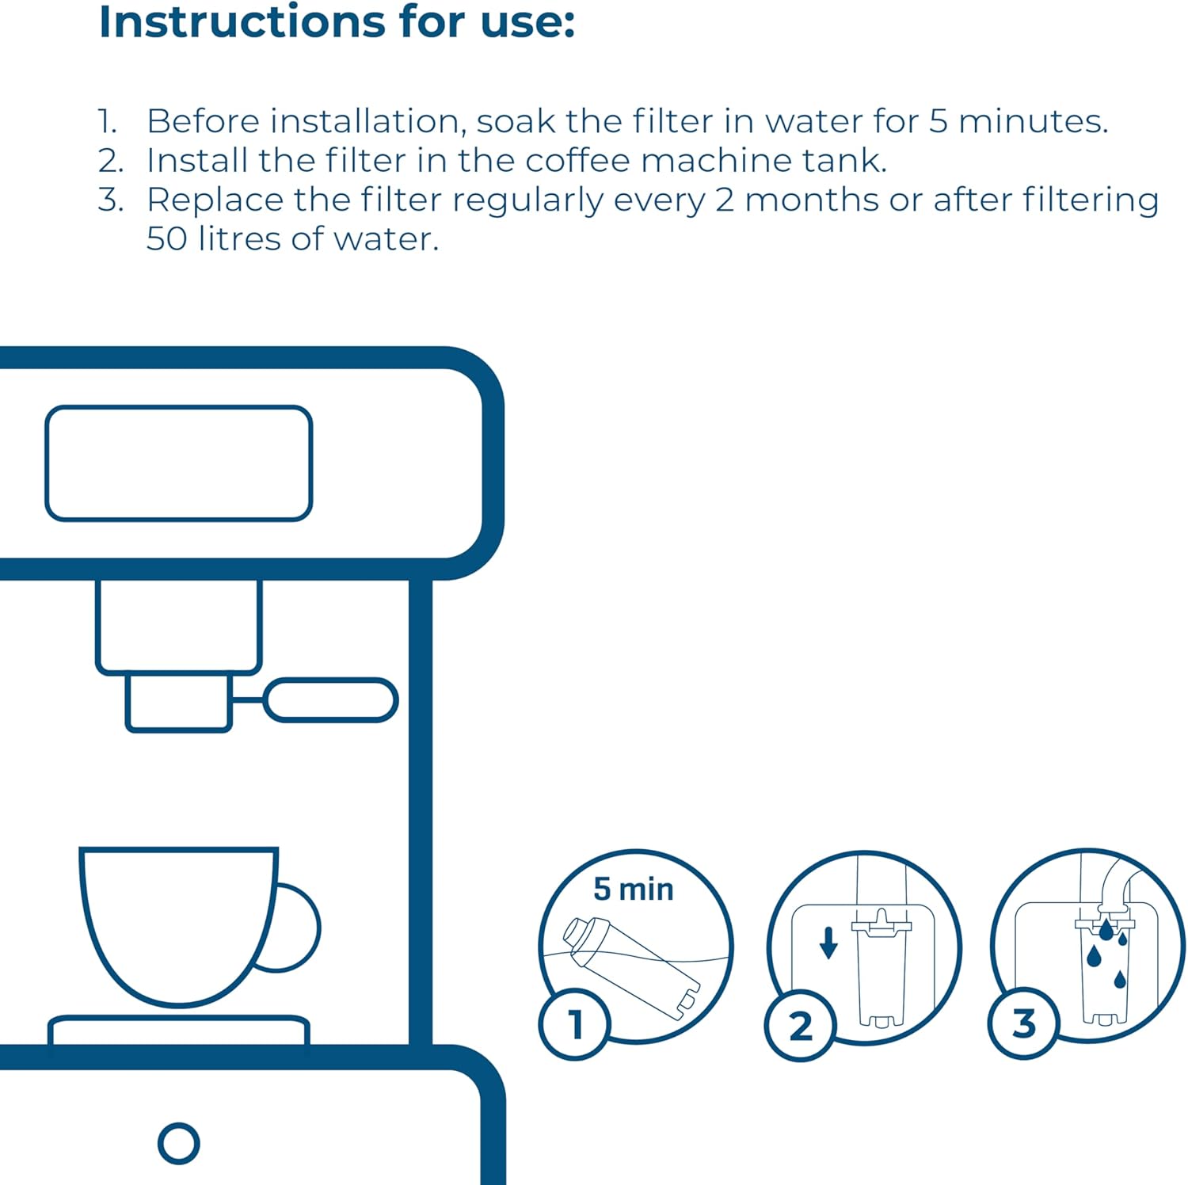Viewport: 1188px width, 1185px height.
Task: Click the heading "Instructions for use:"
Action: pyautogui.click(x=337, y=22)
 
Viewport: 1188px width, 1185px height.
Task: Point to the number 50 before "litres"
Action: pyautogui.click(x=166, y=238)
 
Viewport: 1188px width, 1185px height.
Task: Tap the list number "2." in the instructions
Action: pyautogui.click(x=111, y=161)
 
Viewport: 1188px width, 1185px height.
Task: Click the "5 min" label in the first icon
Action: pyautogui.click(x=633, y=890)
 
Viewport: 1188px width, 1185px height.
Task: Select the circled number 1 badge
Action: pyautogui.click(x=575, y=1024)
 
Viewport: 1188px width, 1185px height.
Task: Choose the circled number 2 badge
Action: pyautogui.click(x=800, y=1026)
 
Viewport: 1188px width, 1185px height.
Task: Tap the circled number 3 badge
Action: pyautogui.click(x=1023, y=1023)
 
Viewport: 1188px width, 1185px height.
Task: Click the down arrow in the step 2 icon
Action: pyautogui.click(x=828, y=943)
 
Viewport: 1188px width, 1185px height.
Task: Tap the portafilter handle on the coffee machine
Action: pyautogui.click(x=330, y=700)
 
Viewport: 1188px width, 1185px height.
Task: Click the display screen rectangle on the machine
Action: pyautogui.click(x=179, y=463)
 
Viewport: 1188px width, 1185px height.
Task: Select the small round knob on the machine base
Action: pyautogui.click(x=178, y=1143)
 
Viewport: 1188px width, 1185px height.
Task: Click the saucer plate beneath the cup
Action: pyautogui.click(x=178, y=1030)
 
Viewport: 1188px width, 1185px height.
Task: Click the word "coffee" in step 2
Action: pyautogui.click(x=577, y=161)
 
